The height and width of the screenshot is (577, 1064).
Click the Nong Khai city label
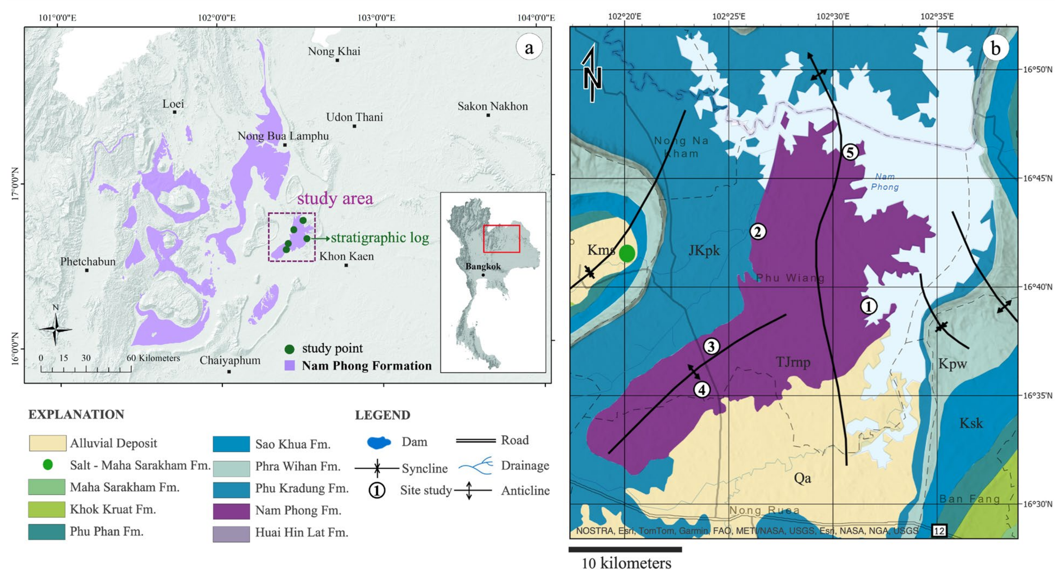(x=334, y=51)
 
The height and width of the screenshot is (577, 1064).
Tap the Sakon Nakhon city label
(x=492, y=106)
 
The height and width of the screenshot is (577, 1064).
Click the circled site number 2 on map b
(x=758, y=231)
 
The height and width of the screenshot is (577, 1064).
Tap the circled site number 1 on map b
(x=868, y=306)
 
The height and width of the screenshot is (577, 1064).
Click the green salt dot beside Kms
(x=626, y=253)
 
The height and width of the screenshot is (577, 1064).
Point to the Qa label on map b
(x=802, y=478)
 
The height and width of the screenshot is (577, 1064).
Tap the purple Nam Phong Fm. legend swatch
(x=231, y=511)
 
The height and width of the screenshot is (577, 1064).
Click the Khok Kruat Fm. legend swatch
(x=46, y=509)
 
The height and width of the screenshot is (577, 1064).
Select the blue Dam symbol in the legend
(x=378, y=442)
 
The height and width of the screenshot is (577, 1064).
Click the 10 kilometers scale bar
(x=625, y=549)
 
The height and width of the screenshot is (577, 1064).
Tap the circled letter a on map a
(x=529, y=48)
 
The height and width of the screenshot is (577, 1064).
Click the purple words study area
(x=335, y=198)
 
